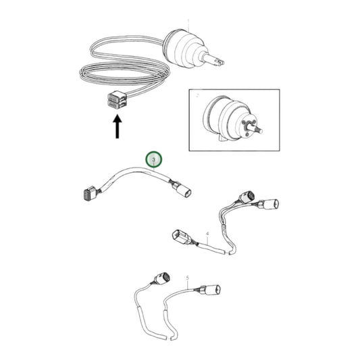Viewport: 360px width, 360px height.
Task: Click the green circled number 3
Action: pyautogui.click(x=155, y=160)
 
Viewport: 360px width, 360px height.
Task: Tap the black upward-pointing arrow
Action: pyautogui.click(x=118, y=126)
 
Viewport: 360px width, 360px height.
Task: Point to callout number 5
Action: pyautogui.click(x=187, y=277)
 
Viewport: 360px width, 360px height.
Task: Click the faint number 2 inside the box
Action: pyautogui.click(x=197, y=96)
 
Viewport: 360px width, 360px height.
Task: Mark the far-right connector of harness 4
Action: pyautogui.click(x=274, y=203)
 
